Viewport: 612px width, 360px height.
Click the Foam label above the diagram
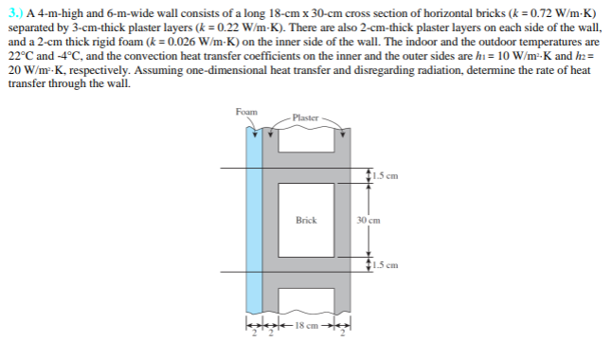[x=246, y=113]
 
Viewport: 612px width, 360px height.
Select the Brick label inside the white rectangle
[x=306, y=220]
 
